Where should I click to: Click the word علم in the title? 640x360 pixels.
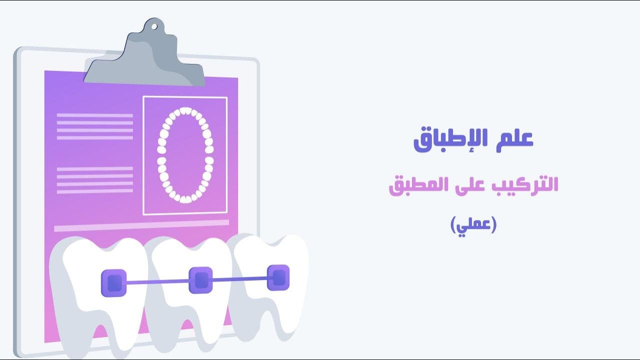pos(516,140)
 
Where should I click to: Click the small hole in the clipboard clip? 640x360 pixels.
pos(153,26)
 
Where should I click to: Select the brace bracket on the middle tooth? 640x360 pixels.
pos(201,279)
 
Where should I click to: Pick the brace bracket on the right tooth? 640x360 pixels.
pos(278,277)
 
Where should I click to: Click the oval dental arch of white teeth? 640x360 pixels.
pos(185,155)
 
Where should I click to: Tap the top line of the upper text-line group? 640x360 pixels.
pos(94,115)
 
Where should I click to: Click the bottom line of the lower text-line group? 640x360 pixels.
pos(94,190)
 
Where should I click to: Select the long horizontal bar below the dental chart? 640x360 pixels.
pos(141,225)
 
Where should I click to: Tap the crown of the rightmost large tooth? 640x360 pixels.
pos(272,250)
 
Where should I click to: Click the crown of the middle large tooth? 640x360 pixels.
pos(192,252)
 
